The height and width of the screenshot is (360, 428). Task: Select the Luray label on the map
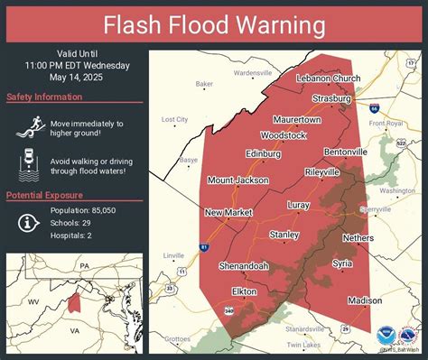(298, 205)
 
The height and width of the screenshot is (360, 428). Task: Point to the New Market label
(227, 212)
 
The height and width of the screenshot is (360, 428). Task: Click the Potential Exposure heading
(45, 195)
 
